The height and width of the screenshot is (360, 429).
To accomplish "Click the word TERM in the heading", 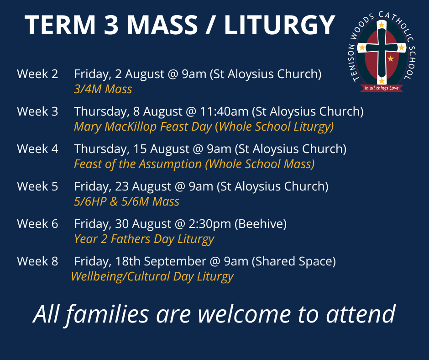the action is [60, 25].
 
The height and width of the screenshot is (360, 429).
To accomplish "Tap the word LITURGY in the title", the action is [280, 25].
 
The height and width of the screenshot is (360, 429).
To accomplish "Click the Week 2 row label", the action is [37, 74].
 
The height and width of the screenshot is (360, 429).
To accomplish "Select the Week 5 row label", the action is [37, 186].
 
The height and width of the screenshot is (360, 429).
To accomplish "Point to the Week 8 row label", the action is [37, 261].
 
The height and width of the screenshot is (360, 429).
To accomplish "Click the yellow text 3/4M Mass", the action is [103, 89].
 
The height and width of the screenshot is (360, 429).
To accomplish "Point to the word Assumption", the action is [170, 164].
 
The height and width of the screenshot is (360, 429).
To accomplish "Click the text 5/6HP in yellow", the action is [90, 201].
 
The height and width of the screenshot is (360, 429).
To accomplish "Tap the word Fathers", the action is [131, 239].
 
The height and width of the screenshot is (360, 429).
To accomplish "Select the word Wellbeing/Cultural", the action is [120, 276].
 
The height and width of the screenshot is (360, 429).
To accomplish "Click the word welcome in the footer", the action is [244, 314].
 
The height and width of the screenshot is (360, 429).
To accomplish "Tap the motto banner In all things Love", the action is [382, 88].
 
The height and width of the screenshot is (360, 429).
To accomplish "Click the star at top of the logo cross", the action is [382, 25].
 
